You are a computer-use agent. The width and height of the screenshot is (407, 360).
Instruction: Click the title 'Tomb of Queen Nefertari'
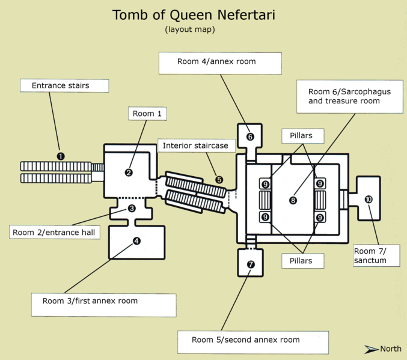coord(194,15)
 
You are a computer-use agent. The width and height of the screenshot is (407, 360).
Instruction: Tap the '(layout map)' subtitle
coord(190,29)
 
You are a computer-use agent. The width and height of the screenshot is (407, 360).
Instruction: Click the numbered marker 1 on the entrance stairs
coord(60,156)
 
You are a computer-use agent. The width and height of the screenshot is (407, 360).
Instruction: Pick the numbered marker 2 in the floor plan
coord(129,172)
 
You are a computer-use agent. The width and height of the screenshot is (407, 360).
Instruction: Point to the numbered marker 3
coord(132,208)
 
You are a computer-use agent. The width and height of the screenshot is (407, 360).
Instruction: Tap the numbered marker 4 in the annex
coord(137,241)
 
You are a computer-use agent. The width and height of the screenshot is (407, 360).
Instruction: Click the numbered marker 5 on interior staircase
coord(219,180)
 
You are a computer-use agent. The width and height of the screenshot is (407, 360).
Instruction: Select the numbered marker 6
coord(250,136)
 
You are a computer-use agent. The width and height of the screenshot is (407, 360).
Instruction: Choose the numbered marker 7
coord(251,264)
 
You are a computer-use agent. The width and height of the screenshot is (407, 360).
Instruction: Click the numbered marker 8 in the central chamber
coord(293,200)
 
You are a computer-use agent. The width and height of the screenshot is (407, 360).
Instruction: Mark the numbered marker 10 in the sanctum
coord(368,199)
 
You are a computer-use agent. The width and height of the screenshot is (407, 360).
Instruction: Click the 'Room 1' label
coord(147,114)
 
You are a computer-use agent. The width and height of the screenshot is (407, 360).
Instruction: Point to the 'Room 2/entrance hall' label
coord(54,232)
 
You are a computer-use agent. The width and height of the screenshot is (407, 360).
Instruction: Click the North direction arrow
coord(372,349)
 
